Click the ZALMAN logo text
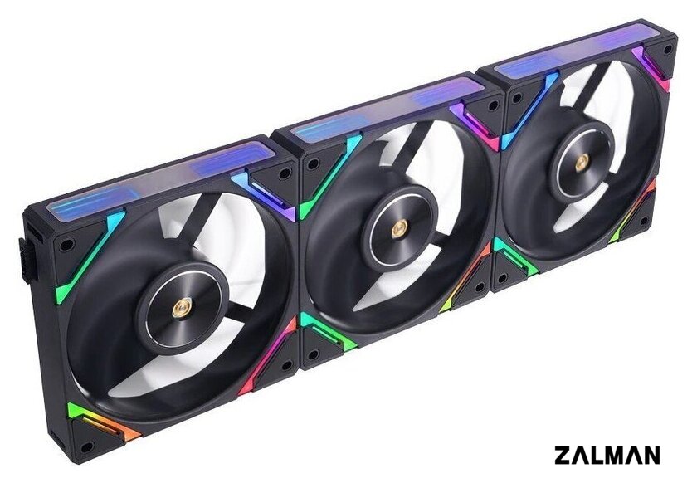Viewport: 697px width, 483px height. click(607, 456)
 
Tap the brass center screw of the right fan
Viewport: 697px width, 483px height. click(582, 163)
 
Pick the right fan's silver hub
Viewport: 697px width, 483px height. click(582, 163)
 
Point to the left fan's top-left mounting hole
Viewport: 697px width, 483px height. click(66, 245)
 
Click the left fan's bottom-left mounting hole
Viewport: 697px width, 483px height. click(87, 446)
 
